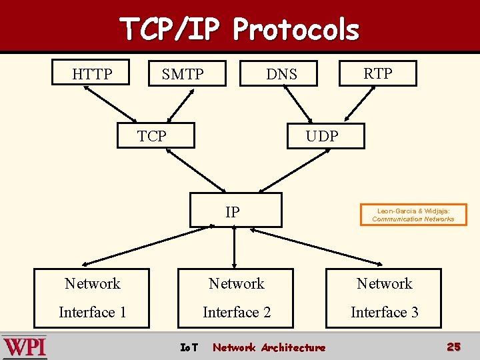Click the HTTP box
(x=92, y=73)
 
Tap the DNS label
(x=281, y=74)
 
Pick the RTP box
(x=377, y=73)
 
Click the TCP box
(x=155, y=135)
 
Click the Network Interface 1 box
(x=93, y=297)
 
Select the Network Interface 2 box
(x=237, y=297)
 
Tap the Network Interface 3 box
(x=384, y=297)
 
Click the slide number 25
(x=453, y=347)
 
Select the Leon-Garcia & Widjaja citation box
(x=413, y=215)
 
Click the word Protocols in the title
(x=296, y=29)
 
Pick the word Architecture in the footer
(x=293, y=347)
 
